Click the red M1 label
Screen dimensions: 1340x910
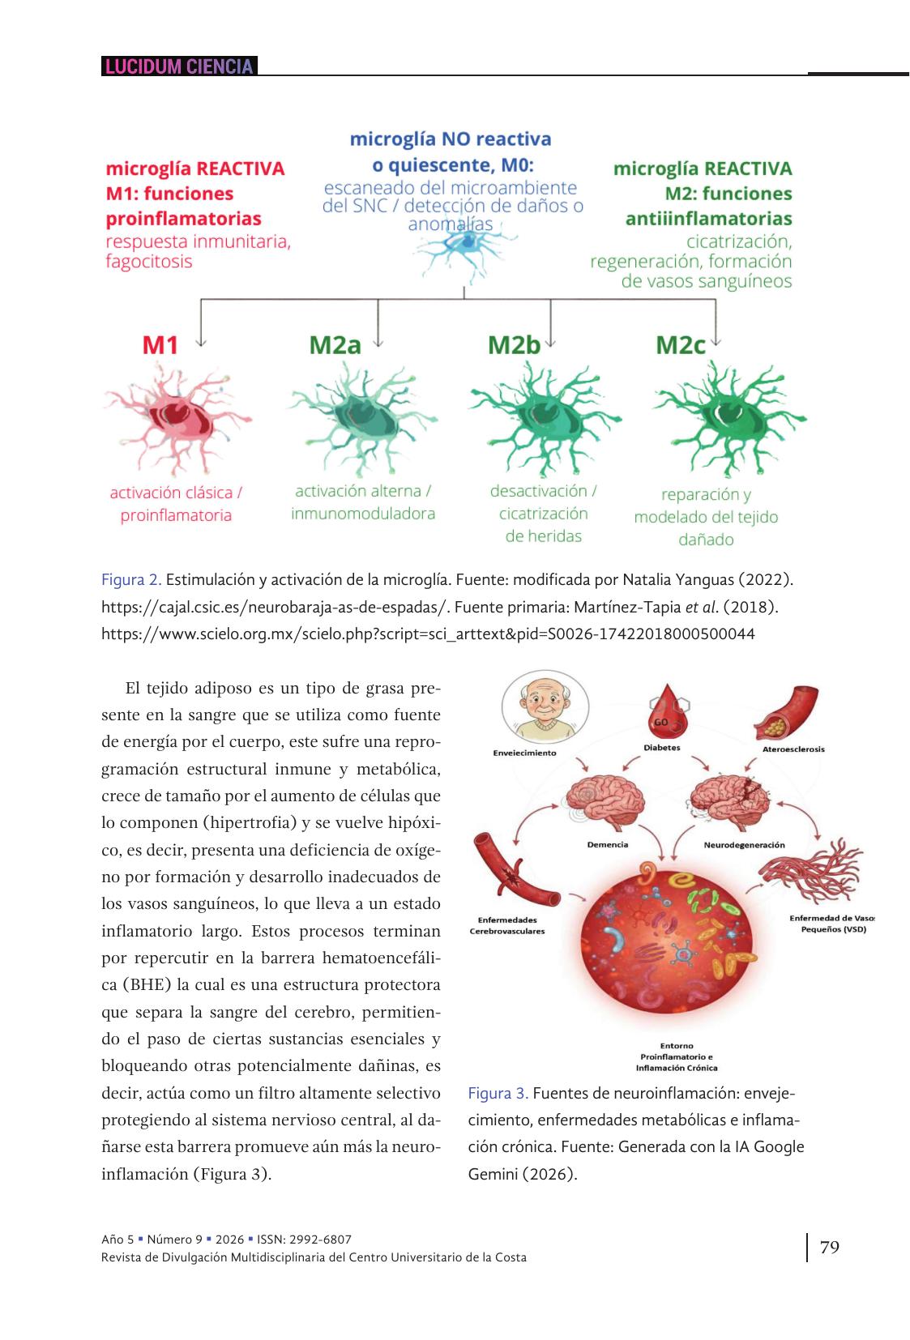click(x=160, y=345)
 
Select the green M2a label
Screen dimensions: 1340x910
click(x=335, y=345)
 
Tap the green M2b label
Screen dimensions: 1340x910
click(x=514, y=345)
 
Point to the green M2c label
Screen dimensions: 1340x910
click(x=681, y=345)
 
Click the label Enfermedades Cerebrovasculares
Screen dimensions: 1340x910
click(x=507, y=925)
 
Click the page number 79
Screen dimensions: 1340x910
click(x=830, y=1247)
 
